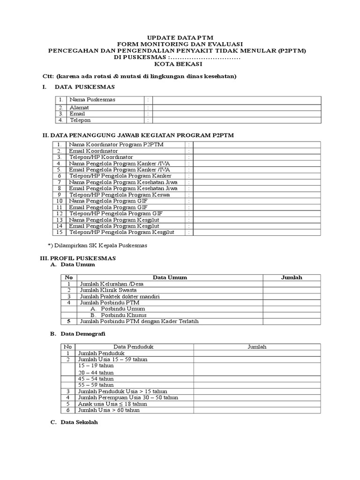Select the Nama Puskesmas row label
tap(92, 100)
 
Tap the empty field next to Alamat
tap(237, 107)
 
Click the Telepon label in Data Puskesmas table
tap(80, 120)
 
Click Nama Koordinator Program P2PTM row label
tap(116, 144)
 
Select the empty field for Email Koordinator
tap(257, 151)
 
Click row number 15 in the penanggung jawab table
tap(59, 232)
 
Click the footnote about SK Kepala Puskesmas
tap(98, 246)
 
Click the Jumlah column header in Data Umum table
tap(292, 277)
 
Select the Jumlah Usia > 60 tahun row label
tap(110, 410)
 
